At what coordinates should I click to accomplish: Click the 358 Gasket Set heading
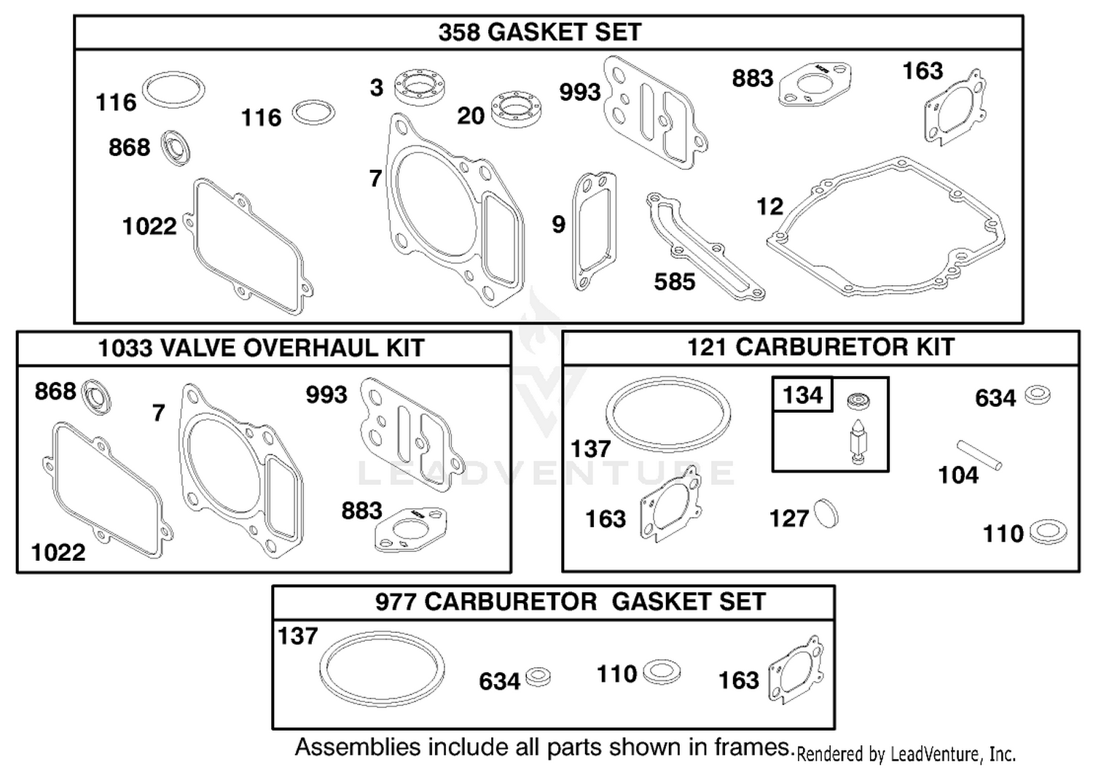[540, 32]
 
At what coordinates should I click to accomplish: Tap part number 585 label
[674, 281]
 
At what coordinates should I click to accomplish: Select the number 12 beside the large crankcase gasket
[770, 206]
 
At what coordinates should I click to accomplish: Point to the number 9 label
[558, 224]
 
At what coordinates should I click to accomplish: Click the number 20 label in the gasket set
[471, 116]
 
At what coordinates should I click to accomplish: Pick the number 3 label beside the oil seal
[376, 88]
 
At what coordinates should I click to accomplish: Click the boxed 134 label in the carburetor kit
[803, 394]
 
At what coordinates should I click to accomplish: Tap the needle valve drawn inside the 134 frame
[857, 441]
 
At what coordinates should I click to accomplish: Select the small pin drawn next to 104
[979, 455]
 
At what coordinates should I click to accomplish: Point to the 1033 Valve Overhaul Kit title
[261, 348]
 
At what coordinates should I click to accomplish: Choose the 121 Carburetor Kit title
[820, 347]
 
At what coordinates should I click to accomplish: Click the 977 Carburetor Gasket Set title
[571, 602]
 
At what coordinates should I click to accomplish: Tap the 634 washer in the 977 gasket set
[538, 677]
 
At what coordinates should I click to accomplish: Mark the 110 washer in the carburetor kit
[1048, 532]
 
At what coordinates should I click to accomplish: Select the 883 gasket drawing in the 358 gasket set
[815, 84]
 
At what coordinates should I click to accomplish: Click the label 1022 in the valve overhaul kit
[58, 553]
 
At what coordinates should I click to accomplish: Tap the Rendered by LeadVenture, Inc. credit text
[906, 755]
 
